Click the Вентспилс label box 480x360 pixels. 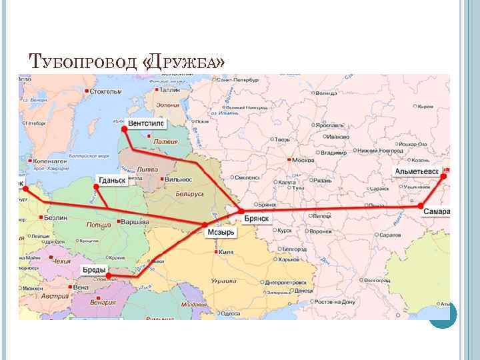coord(145,124)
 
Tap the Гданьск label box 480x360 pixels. coord(112,181)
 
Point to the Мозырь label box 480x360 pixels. coord(221,233)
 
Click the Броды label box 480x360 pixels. coord(93,269)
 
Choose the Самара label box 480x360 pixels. coord(437,212)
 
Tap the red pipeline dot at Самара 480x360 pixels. coord(421,207)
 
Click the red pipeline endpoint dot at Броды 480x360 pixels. coord(109,275)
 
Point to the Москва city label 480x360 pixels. coord(303,161)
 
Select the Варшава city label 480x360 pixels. coord(135,220)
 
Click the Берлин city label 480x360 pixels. coord(56,219)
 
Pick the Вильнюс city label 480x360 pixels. coord(177,179)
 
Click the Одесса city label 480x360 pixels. coord(230,313)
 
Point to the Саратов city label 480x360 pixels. coord(389,237)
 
